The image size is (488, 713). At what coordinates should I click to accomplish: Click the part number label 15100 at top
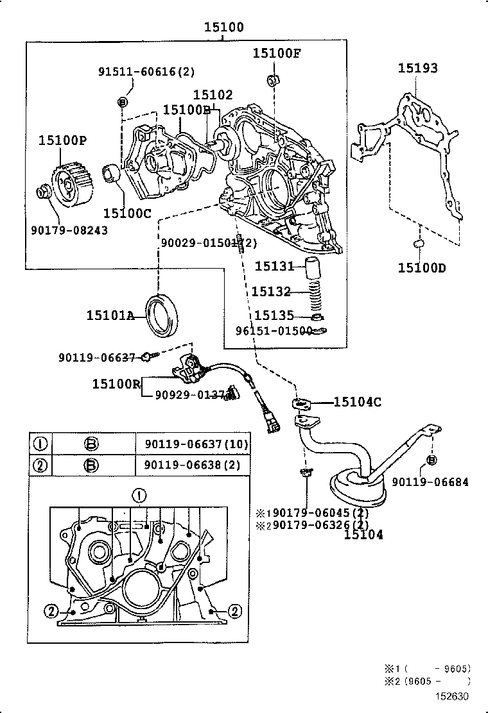(224, 28)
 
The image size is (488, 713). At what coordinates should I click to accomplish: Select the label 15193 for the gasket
(417, 68)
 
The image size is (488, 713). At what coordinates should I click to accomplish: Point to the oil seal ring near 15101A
(165, 315)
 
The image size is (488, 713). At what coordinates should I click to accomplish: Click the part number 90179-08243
(70, 230)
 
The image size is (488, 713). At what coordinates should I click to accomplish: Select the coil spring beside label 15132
(313, 292)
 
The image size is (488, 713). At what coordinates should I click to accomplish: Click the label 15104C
(357, 402)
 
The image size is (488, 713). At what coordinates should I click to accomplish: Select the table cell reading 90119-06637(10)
(192, 444)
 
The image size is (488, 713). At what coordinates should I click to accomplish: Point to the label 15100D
(421, 267)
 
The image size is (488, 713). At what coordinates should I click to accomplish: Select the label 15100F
(276, 53)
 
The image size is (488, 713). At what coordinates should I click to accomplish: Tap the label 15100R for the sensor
(116, 384)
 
